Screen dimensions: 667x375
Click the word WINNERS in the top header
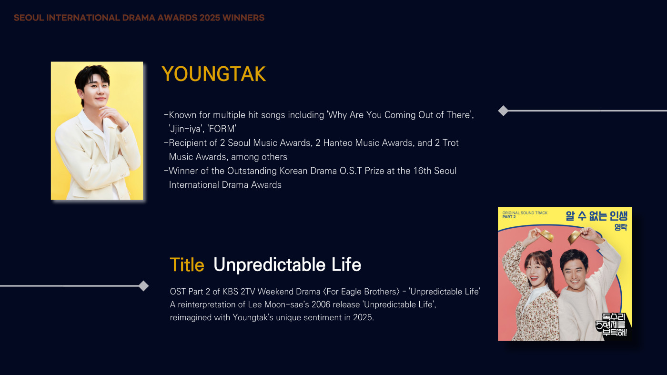(243, 18)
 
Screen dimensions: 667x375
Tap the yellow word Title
(187, 264)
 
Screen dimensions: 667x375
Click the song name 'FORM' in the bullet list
(222, 129)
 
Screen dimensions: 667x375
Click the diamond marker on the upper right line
(503, 111)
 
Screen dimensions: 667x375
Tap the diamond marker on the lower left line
(143, 286)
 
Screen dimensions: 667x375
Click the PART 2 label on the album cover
(509, 217)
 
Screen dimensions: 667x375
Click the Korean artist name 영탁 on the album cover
(621, 227)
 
